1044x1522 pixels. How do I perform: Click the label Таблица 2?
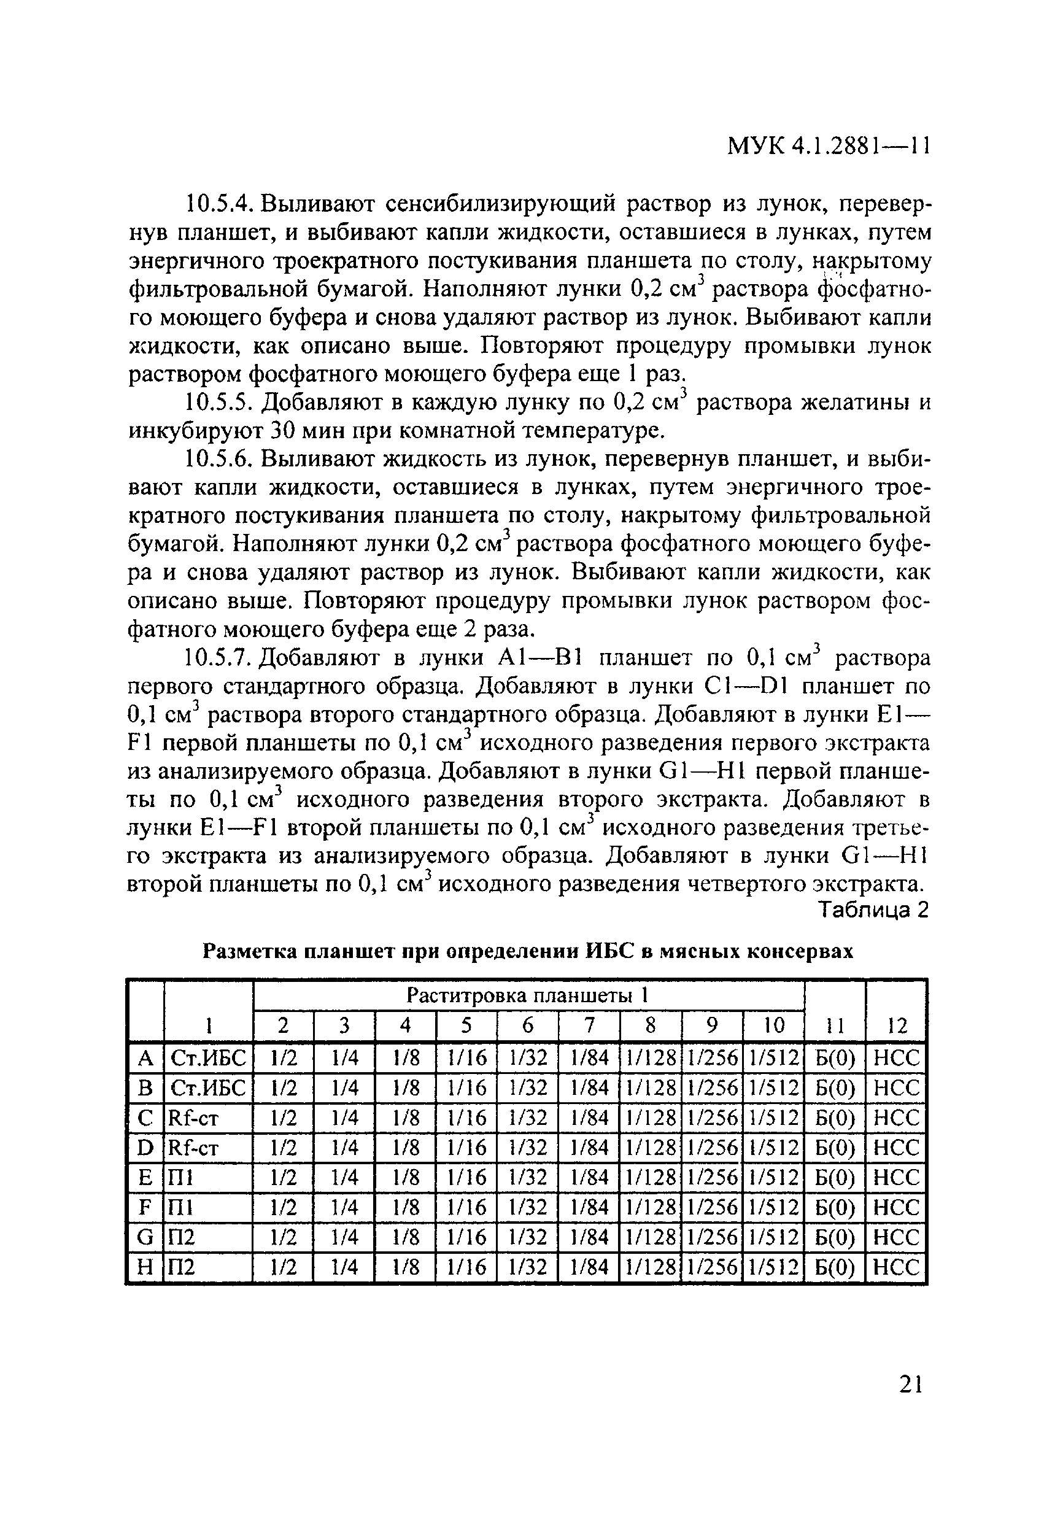click(874, 910)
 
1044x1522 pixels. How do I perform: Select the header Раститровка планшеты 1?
click(527, 995)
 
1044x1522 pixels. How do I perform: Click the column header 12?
click(896, 1025)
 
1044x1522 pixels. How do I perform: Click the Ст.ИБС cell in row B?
click(207, 1087)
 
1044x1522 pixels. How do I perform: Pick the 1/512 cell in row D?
click(774, 1148)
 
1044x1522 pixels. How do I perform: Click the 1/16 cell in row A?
click(466, 1057)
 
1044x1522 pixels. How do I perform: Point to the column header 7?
click(589, 1025)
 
